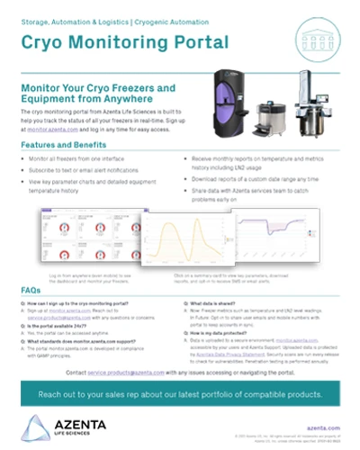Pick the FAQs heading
(x=31, y=289)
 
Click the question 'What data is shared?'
(x=214, y=305)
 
